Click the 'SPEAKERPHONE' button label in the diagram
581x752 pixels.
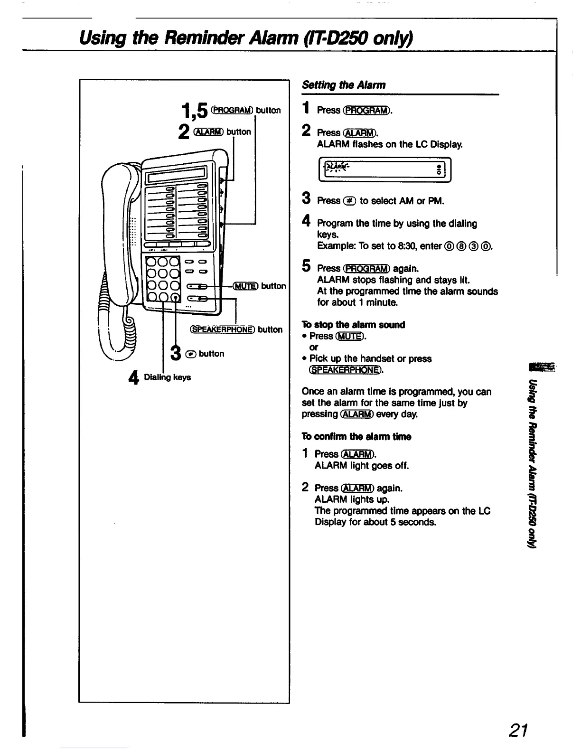coord(222,329)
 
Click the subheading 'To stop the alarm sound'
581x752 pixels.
coord(353,325)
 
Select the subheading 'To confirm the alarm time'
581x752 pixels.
coord(356,436)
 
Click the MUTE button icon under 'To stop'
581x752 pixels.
coord(350,336)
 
